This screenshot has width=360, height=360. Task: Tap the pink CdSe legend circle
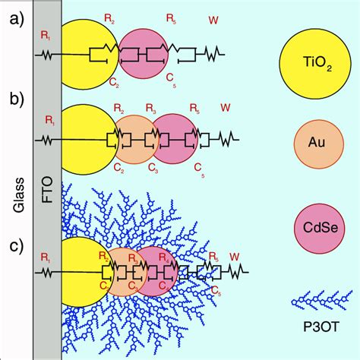314,226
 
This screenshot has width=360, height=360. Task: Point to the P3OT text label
314,327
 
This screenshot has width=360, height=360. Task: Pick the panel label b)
11,99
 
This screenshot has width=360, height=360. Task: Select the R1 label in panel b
49,119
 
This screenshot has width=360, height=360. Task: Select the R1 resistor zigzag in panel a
44,55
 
